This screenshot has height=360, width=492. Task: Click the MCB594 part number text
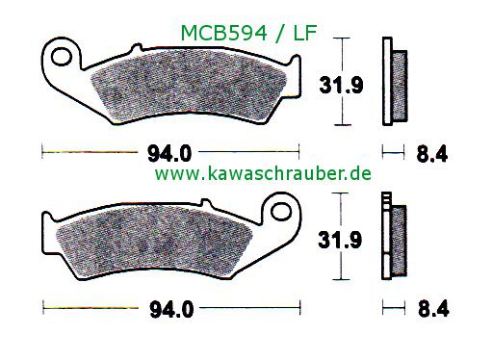pos(224,33)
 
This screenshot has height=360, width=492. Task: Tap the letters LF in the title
pos(305,33)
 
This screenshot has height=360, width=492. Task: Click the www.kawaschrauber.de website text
pos(263,174)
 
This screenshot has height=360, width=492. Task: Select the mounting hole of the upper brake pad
pos(61,57)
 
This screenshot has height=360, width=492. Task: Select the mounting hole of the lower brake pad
pos(281,212)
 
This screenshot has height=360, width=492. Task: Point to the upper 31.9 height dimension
pos(341,86)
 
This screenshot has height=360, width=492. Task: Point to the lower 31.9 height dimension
pos(340,240)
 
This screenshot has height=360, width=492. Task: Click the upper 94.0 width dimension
pos(169,154)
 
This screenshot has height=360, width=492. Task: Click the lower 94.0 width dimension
pos(171,310)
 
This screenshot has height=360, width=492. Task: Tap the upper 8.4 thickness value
pos(432,154)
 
